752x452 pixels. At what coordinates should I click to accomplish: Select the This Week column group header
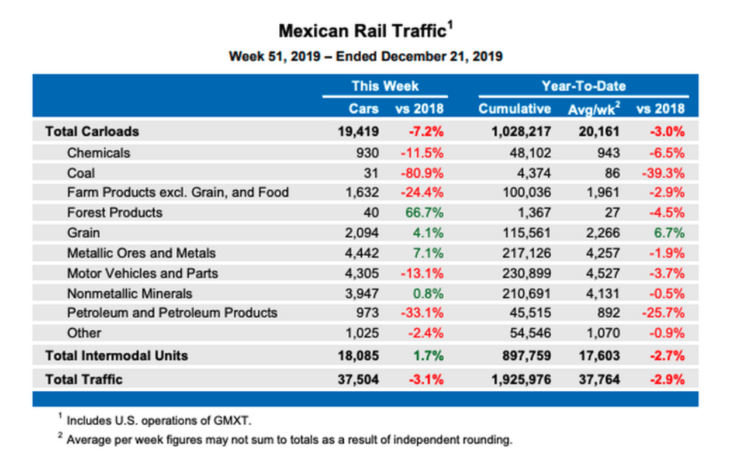[x=385, y=86]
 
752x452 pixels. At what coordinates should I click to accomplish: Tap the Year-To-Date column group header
[x=583, y=86]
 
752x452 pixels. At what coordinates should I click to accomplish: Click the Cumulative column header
[x=514, y=109]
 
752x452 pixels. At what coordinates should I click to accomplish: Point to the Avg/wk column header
[x=593, y=109]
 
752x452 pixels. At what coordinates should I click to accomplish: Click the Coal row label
[x=81, y=173]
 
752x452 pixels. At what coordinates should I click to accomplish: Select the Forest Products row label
[x=115, y=213]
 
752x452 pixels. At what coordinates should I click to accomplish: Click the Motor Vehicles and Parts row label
[x=142, y=273]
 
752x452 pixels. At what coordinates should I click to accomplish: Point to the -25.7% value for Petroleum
[x=661, y=312]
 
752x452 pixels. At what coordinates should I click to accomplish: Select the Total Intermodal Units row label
[x=116, y=356]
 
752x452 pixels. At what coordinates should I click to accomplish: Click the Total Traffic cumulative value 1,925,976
[x=515, y=379]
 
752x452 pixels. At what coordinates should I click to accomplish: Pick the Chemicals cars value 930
[x=366, y=153]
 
